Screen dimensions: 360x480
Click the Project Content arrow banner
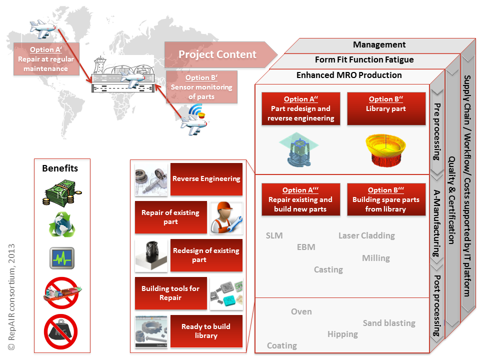[x=218, y=54]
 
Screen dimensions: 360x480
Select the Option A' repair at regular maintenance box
[x=45, y=59]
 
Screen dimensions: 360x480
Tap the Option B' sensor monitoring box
[x=201, y=87]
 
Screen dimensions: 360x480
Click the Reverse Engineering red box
[x=206, y=179]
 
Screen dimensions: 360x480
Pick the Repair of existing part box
[x=170, y=217]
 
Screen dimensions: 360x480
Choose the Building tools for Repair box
[x=170, y=293]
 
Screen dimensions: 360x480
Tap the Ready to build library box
[x=206, y=331]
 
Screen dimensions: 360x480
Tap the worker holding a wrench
[x=226, y=218]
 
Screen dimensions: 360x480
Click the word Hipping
[x=342, y=334]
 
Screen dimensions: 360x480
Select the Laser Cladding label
[x=366, y=235]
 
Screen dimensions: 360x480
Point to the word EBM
[x=306, y=247]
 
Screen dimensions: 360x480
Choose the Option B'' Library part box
[x=385, y=108]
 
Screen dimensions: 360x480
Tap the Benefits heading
[x=60, y=168]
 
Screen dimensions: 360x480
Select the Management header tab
[x=379, y=45]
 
